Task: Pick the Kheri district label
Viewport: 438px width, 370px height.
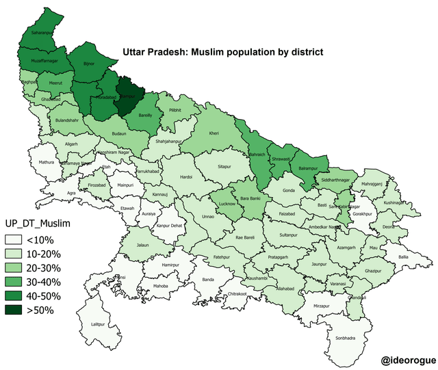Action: (214, 134)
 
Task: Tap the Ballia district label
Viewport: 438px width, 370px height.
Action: (404, 256)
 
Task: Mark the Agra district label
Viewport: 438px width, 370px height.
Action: (70, 194)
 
